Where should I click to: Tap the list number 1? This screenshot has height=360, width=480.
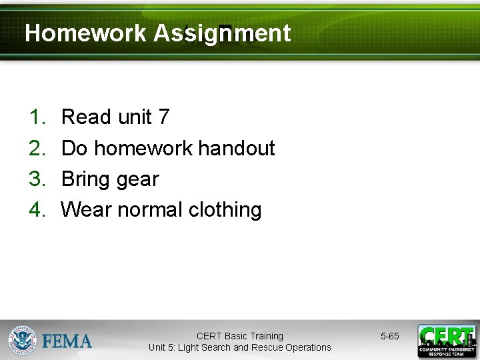36,117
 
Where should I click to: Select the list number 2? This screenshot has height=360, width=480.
36,148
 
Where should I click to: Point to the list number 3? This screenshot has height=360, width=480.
36,179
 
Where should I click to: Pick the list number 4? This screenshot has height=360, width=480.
36,209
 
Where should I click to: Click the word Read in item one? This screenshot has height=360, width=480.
86,117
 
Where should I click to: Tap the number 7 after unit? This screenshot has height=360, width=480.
164,117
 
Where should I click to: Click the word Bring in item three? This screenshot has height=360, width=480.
85,179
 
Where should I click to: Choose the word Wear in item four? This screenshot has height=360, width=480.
86,209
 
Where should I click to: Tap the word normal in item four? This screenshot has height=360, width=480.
150,209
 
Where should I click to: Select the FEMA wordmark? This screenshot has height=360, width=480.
67,341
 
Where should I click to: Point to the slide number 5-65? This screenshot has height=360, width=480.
390,336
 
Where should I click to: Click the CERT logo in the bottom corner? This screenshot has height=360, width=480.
446,341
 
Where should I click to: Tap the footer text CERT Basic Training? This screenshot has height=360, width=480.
240,336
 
